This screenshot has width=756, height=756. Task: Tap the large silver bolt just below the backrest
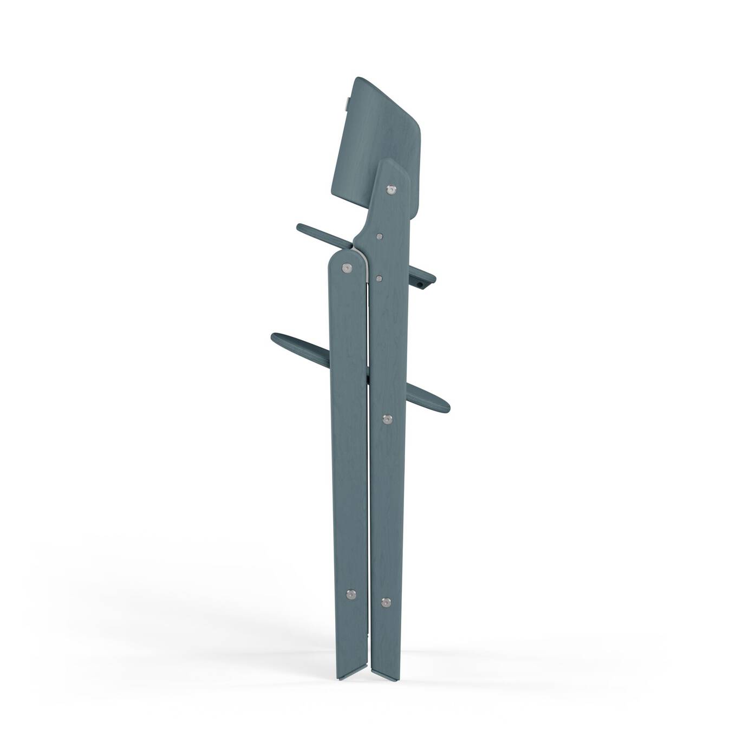[x=390, y=190]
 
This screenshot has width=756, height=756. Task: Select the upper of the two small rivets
[x=379, y=236]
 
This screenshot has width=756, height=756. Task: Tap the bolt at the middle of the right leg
[x=387, y=419]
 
